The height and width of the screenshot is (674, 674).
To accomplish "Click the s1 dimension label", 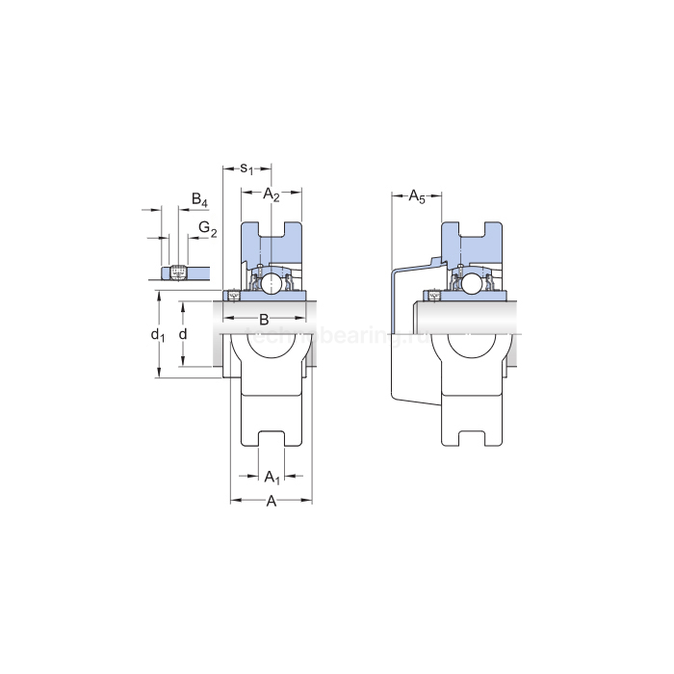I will coord(246,168).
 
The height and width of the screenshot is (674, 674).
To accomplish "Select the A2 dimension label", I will coord(272,195).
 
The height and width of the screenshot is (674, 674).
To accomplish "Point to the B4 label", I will coord(199,200).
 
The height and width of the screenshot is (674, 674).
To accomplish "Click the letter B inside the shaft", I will coord(264,319).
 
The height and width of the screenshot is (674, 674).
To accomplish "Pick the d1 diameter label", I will coord(158,335).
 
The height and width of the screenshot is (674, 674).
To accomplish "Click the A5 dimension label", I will coord(417,197).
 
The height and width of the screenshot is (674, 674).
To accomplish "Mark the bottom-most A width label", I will coord(272,501).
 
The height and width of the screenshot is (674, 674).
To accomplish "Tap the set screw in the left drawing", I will coord(231,296).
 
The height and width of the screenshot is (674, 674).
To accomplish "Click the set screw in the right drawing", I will coord(433,296).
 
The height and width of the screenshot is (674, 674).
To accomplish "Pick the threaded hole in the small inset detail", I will coord(177,272).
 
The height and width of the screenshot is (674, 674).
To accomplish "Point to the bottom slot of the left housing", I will coord(272,439).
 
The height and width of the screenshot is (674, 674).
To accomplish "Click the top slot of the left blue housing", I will coord(272,230).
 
